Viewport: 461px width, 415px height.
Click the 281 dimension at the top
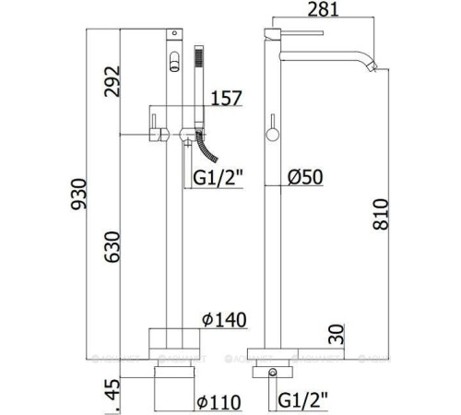pos(323,9)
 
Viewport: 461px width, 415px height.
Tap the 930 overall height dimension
pos(79,194)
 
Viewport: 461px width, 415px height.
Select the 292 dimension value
pos(112,81)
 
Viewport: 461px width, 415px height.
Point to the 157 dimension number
pos(227,98)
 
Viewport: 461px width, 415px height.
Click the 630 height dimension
pos(112,247)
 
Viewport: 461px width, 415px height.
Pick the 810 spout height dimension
pos(381,214)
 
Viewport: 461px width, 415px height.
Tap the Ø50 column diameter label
pos(305,177)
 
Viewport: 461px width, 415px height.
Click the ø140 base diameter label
pos(224,320)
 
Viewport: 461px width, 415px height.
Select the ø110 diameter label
pos(219,402)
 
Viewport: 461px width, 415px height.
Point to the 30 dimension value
pos(337,334)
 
